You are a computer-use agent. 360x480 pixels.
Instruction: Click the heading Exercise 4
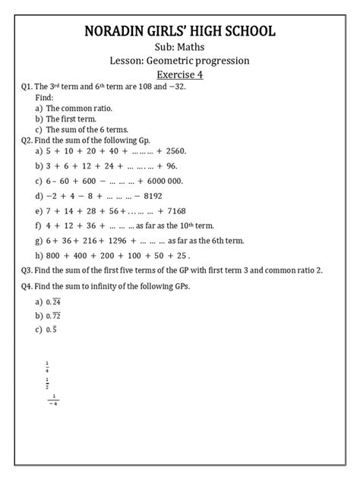point(180,76)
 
